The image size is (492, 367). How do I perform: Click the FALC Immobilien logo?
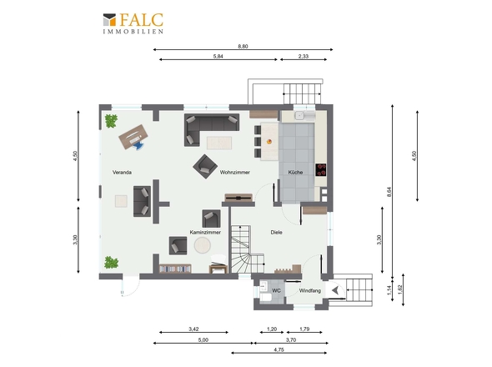[133, 23]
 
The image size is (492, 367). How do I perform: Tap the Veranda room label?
[122, 173]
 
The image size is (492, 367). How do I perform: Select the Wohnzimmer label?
[235, 173]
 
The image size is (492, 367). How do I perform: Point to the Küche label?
[295, 173]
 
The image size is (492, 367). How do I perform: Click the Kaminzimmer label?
[205, 233]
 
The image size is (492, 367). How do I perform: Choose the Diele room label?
[276, 233]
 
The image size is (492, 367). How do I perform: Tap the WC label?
[276, 291]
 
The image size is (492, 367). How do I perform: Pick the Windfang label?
[310, 291]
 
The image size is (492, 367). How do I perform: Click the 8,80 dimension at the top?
[243, 47]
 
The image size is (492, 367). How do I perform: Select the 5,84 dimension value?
[218, 57]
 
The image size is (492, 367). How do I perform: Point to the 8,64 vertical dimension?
[389, 192]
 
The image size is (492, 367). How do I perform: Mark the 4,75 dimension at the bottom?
[279, 349]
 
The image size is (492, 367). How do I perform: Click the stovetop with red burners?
[321, 170]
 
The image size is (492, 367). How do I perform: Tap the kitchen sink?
[299, 116]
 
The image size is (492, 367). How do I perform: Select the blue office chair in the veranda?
[138, 145]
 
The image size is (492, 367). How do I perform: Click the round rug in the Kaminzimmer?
[203, 245]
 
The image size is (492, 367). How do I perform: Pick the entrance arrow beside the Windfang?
[335, 289]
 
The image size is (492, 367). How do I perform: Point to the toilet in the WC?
[266, 297]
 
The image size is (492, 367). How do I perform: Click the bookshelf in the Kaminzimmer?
[175, 269]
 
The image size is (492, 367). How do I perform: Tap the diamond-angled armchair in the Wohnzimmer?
[205, 166]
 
